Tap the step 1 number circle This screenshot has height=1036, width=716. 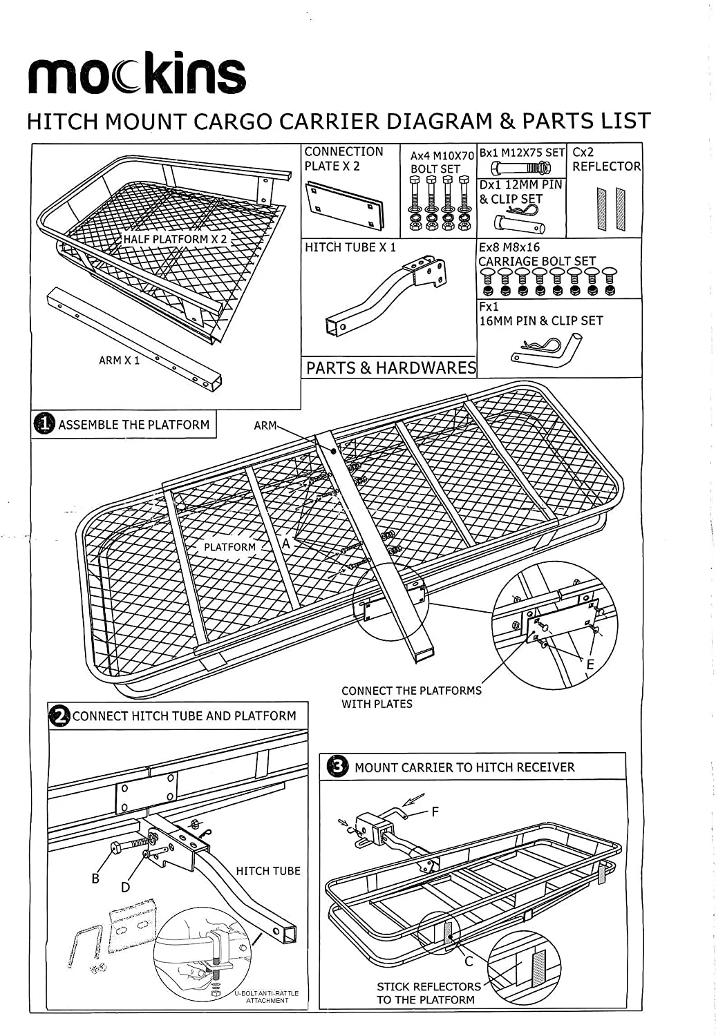click(44, 424)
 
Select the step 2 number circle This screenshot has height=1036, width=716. click(60, 716)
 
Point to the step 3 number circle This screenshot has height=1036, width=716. click(337, 767)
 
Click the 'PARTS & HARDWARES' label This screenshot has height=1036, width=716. click(390, 367)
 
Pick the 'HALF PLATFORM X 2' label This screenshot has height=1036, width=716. click(175, 239)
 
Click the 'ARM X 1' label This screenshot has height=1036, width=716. click(119, 361)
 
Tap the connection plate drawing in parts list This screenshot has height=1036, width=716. click(343, 205)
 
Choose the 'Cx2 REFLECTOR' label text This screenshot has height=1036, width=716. click(606, 160)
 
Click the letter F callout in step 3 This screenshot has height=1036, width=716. click(435, 812)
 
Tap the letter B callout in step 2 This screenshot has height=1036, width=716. click(95, 879)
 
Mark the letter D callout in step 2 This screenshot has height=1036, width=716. click(125, 888)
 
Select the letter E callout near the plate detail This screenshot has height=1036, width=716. click(590, 664)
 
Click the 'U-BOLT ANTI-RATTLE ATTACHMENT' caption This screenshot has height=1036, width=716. click(267, 997)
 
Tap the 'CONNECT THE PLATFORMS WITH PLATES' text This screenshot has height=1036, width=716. click(411, 697)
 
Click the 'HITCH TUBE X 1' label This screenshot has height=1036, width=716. click(350, 247)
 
